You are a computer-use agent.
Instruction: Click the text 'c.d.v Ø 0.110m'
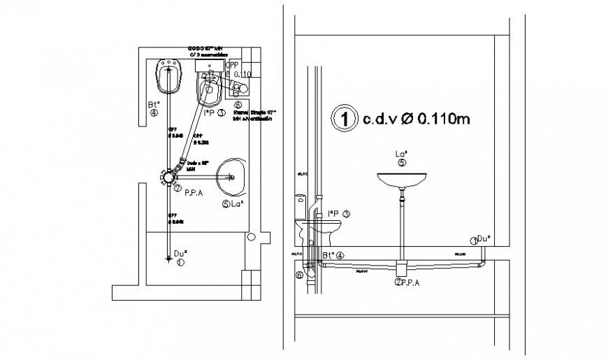[x=415, y=119]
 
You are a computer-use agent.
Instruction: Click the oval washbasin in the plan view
[x=231, y=176]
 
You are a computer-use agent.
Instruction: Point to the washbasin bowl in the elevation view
[x=402, y=180]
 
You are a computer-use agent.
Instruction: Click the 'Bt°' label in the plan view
[x=154, y=105]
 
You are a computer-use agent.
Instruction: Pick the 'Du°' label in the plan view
[x=180, y=254]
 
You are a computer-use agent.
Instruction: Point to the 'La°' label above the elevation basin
[x=401, y=154]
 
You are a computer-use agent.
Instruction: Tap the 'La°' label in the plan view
[x=236, y=204]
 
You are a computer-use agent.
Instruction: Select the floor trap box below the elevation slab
[x=401, y=268]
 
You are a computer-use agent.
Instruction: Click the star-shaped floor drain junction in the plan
[x=169, y=176]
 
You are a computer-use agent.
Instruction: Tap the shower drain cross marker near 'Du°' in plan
[x=169, y=259]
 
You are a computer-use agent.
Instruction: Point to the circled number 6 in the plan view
[x=238, y=104]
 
